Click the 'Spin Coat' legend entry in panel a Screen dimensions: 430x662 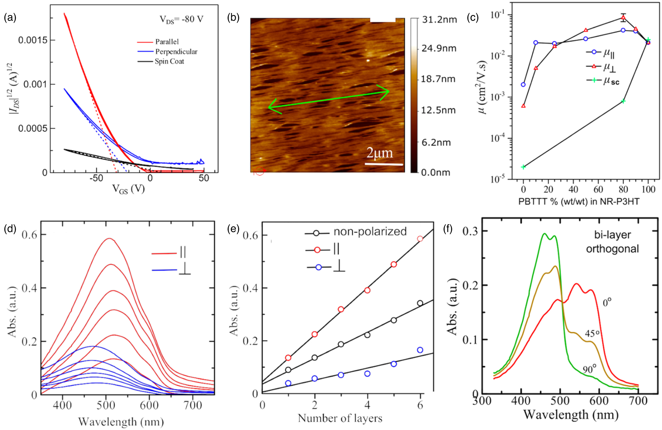(x=169, y=61)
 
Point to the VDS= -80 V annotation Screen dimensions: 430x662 (x=181, y=20)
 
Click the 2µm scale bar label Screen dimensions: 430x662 (x=380, y=153)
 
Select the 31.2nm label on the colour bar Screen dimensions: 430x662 (x=439, y=20)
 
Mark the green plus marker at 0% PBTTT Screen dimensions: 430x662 (x=523, y=167)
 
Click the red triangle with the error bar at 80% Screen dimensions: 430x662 (x=623, y=18)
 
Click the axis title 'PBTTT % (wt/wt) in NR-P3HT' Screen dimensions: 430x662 (x=579, y=202)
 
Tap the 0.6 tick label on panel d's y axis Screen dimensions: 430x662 (x=29, y=235)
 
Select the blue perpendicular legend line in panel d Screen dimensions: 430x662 (x=164, y=270)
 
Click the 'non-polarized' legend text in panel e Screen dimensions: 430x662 (x=370, y=231)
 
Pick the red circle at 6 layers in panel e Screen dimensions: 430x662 (x=420, y=239)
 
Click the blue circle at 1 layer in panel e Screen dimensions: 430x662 (x=288, y=383)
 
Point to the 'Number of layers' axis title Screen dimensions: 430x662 (x=340, y=418)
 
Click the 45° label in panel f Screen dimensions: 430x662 (x=592, y=333)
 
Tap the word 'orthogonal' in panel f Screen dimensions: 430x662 (x=612, y=249)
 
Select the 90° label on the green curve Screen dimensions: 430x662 (x=589, y=369)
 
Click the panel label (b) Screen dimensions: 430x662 (x=233, y=18)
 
